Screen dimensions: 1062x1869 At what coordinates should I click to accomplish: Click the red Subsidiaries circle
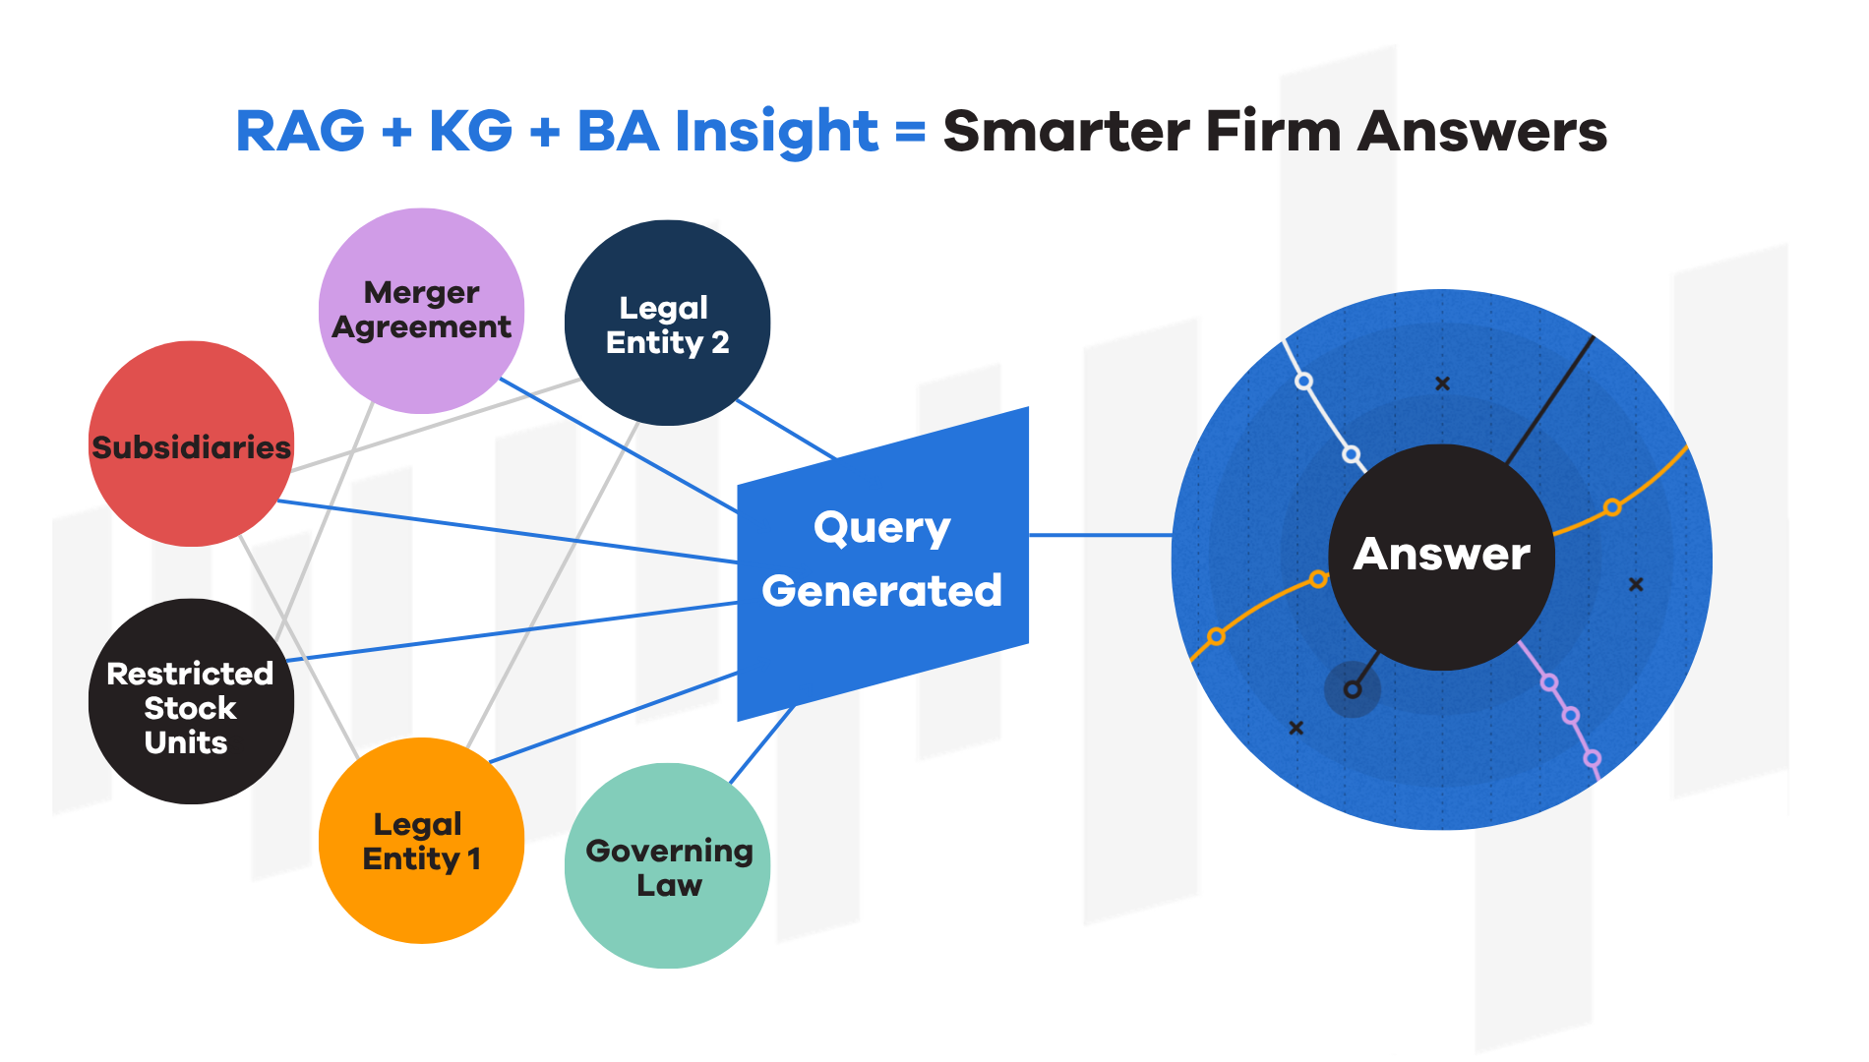191,444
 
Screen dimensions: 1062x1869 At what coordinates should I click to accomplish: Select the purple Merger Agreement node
421,311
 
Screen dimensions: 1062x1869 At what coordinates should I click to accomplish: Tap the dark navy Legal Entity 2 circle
667,324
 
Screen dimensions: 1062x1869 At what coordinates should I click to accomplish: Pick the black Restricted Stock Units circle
190,702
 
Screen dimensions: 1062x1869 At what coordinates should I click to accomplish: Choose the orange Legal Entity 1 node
421,841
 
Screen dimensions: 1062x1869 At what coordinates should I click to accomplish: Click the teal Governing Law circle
667,866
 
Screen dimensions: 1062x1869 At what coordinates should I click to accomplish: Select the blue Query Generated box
881,560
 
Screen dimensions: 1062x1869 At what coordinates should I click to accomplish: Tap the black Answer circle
1441,556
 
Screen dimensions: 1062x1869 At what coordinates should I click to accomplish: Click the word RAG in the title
300,131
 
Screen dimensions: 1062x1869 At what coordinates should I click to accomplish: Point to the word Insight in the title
776,131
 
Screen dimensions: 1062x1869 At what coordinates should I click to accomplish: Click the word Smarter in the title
1066,131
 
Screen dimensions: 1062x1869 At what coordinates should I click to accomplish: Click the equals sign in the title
911,131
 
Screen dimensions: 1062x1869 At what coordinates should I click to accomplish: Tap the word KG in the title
470,131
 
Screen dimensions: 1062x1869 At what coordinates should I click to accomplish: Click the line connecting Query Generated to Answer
1100,535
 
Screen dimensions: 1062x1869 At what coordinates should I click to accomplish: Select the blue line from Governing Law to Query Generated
761,744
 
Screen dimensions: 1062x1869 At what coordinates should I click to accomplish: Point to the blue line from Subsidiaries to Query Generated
507,531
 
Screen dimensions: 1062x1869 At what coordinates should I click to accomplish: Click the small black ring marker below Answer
1353,689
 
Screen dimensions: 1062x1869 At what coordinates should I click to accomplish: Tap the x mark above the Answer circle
1442,383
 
